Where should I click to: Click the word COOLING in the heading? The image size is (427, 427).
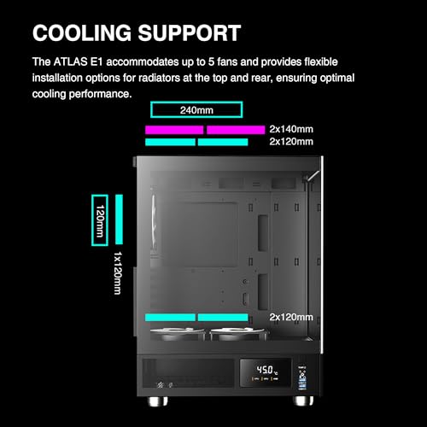point(82,33)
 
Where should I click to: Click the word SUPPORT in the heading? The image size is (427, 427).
point(190,33)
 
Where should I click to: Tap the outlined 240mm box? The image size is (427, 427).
point(196,109)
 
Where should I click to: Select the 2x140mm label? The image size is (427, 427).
point(291,129)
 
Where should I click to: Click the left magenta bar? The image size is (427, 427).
point(174,130)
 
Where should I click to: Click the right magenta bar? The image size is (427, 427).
point(236,130)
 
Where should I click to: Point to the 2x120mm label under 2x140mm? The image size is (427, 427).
point(291,142)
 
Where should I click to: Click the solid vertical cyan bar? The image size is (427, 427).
point(120,219)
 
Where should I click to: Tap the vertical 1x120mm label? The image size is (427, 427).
point(118,273)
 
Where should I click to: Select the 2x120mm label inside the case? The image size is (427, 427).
point(291,317)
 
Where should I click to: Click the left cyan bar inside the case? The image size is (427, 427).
point(170,318)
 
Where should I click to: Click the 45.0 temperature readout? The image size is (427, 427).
point(265,370)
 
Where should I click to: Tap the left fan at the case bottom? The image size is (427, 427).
point(178,334)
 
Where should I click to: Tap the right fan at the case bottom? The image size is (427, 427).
point(238,334)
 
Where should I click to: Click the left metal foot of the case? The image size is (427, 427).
point(157,401)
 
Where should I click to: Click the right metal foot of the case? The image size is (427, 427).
point(303,401)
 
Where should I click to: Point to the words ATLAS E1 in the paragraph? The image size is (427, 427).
point(78,61)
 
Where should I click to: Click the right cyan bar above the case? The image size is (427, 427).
point(223,142)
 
